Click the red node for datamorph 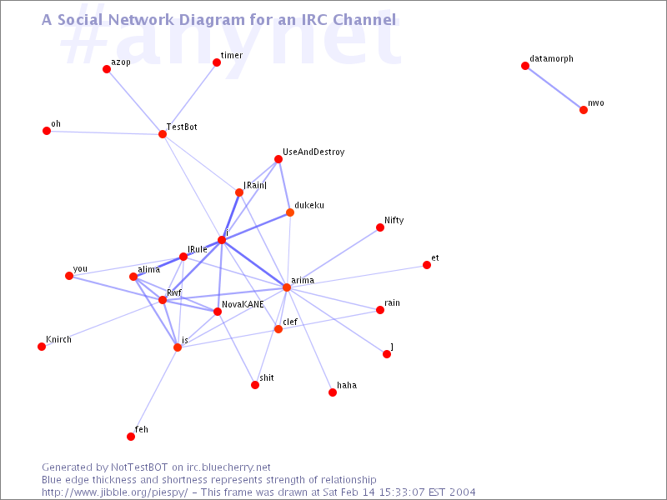click(525, 66)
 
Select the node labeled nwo click(584, 110)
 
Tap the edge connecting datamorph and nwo click(554, 88)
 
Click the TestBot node click(163, 134)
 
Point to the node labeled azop click(107, 69)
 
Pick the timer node click(217, 63)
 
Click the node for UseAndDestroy click(278, 159)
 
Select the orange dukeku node click(290, 212)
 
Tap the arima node click(287, 287)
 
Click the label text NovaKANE click(243, 304)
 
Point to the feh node click(131, 437)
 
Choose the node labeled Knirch click(42, 347)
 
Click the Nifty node click(380, 227)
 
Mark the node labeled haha click(333, 392)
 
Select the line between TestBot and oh click(105, 132)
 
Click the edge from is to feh click(154, 392)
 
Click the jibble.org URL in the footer click(115, 492)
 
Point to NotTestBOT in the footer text click(139, 467)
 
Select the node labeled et click(427, 265)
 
